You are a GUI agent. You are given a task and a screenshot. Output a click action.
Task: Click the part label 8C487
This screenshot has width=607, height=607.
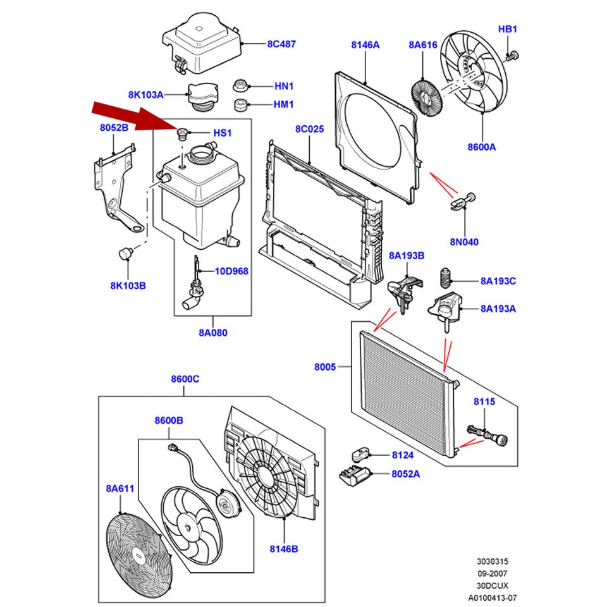[x=281, y=44]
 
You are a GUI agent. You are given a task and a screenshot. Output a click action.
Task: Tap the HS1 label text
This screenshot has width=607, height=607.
[x=223, y=133]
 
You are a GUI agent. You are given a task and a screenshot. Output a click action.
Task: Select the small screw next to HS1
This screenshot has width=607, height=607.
[x=183, y=133]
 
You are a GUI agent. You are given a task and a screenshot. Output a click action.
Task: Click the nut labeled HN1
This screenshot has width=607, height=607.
[x=240, y=85]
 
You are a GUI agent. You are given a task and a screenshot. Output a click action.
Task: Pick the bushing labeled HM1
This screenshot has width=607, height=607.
[x=240, y=104]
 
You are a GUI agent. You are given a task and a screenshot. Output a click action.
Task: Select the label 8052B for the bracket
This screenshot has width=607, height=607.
[x=114, y=127]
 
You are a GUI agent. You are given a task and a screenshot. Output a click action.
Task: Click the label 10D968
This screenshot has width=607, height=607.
[x=231, y=271]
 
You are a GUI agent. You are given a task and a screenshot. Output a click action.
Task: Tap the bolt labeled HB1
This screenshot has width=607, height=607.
[x=512, y=57]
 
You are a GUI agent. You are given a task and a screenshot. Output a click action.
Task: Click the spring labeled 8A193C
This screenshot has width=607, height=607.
[x=446, y=280]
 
